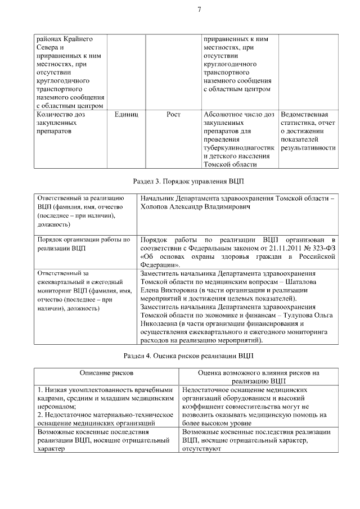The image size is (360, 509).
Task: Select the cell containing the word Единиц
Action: [x=126, y=114]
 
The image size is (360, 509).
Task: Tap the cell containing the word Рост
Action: [x=174, y=114]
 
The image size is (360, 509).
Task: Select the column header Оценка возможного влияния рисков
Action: [x=258, y=373]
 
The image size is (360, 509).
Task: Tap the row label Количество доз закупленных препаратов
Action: [x=62, y=123]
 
